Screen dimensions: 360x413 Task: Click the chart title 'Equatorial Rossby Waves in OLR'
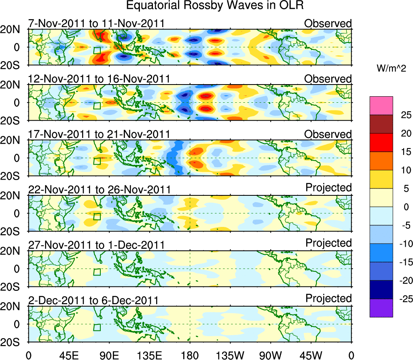(x=215, y=6)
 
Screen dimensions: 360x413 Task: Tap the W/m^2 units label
(x=391, y=69)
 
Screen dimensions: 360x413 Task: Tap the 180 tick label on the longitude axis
(x=190, y=355)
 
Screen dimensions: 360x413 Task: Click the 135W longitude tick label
(x=230, y=355)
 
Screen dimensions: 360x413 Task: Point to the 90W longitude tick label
(x=271, y=355)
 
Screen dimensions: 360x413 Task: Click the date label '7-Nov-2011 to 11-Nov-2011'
(x=96, y=23)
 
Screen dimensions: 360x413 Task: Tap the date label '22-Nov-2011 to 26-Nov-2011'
(x=99, y=189)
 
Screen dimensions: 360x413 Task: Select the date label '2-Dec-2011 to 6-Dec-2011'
(x=93, y=300)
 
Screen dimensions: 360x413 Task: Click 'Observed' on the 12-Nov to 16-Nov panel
(x=328, y=78)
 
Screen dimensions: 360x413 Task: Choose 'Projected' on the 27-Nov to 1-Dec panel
(x=328, y=243)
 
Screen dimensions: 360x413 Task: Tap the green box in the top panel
(x=97, y=50)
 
